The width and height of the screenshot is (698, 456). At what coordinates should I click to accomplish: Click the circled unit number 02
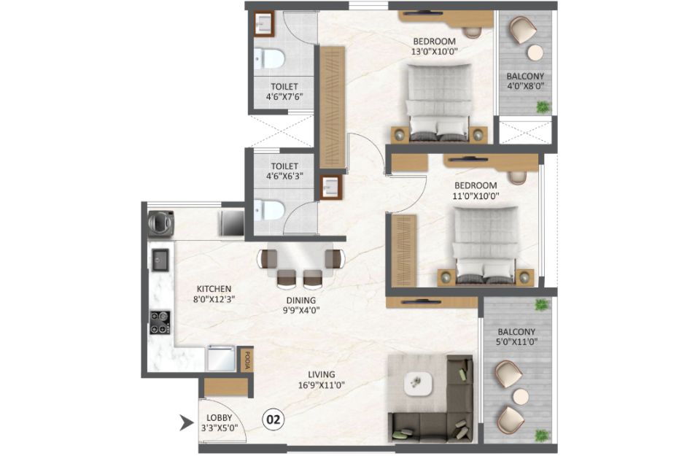pos(274,419)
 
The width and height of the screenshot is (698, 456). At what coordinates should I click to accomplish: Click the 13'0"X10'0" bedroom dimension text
pos(435,52)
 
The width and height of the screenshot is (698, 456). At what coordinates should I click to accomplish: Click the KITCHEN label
pos(214,289)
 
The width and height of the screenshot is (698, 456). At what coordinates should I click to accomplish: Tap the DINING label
pos(301,300)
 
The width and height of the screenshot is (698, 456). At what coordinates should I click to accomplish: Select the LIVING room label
pos(322,374)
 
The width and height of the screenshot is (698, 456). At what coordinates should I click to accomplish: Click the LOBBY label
pos(219,418)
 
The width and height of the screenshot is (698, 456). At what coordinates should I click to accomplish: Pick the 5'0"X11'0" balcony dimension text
pos(516,342)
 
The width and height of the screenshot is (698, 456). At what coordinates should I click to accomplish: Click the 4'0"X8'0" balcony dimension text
pos(525,87)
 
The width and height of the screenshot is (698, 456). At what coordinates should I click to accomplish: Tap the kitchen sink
pos(160,260)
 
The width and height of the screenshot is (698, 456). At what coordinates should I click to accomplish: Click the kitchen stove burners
pos(160,322)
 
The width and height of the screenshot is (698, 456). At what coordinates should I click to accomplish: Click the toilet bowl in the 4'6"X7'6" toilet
pos(269,58)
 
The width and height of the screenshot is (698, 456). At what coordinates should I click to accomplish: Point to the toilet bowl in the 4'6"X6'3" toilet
pos(269,209)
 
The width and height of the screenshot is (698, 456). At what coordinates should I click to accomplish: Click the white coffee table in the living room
pos(417,382)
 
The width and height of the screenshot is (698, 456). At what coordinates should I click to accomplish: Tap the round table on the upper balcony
pos(535,53)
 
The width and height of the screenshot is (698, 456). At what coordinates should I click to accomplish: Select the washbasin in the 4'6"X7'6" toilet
pos(264,24)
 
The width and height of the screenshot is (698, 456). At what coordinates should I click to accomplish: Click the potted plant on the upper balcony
pos(543,107)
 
